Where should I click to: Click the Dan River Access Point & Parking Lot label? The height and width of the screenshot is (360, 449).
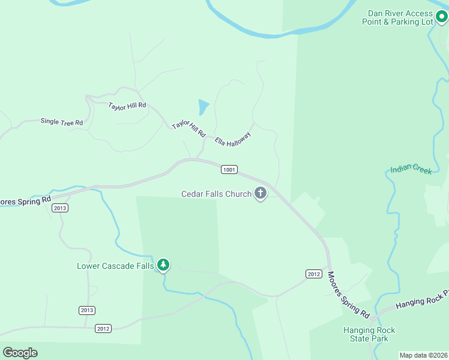[397, 17]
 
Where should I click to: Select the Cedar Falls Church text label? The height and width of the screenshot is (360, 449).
[217, 194]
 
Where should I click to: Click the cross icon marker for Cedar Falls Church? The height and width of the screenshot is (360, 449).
[261, 193]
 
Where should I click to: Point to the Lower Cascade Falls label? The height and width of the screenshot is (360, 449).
[115, 266]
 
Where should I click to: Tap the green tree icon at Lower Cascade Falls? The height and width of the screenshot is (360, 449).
[163, 265]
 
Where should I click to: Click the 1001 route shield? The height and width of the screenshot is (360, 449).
[229, 170]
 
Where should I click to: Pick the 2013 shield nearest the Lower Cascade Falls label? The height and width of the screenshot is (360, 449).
[86, 310]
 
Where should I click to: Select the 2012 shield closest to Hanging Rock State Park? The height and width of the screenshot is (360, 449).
[313, 274]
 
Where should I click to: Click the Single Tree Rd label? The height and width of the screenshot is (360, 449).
[61, 122]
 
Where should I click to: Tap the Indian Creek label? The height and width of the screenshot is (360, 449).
[411, 170]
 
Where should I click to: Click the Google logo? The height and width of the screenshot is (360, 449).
[20, 353]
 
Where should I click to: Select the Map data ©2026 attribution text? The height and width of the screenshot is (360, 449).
[423, 355]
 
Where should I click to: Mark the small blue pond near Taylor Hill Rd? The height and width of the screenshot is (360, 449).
[203, 107]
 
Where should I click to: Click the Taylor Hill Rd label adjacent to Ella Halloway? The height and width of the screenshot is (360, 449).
[188, 128]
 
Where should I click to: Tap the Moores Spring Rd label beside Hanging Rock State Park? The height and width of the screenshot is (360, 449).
[348, 294]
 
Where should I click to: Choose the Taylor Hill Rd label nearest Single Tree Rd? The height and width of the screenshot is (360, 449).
[127, 106]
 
